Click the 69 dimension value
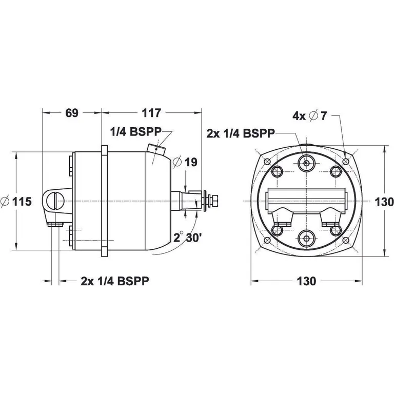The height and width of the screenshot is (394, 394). pyautogui.click(x=71, y=113)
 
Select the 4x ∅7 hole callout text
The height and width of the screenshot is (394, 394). pyautogui.click(x=309, y=116)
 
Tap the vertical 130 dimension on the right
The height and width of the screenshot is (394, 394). pyautogui.click(x=384, y=201)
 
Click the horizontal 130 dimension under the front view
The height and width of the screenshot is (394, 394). pyautogui.click(x=306, y=281)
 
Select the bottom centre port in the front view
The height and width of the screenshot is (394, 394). pyautogui.click(x=306, y=238)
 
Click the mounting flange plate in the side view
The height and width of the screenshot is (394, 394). pyautogui.click(x=105, y=201)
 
